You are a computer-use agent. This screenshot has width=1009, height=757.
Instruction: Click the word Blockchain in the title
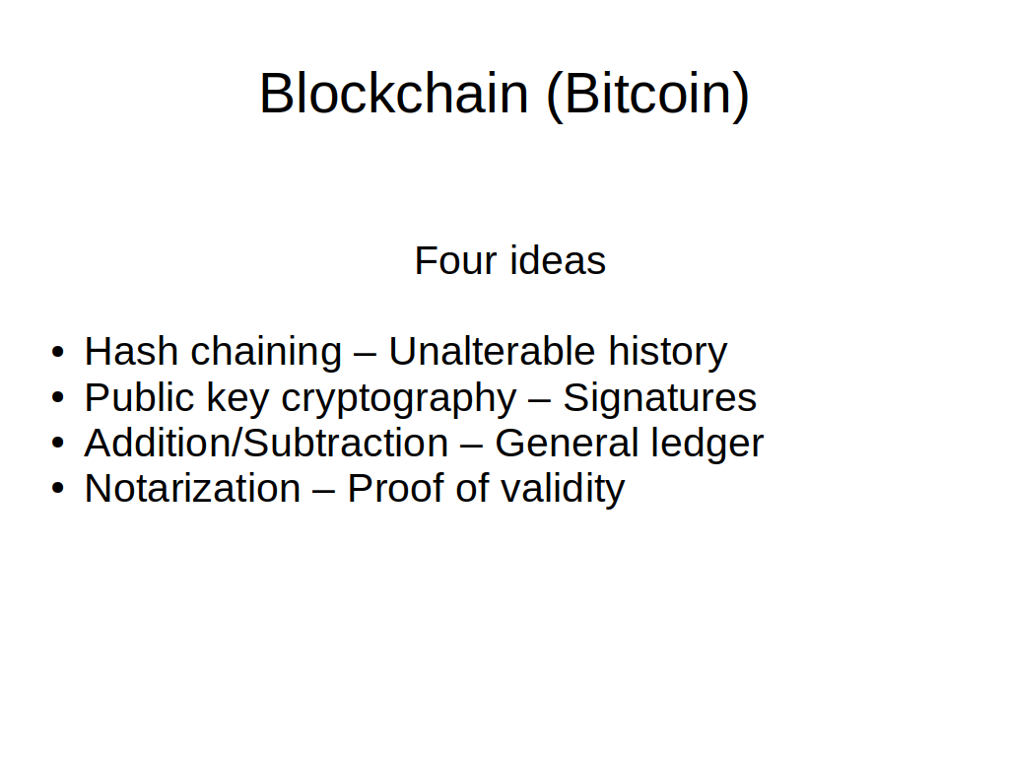tap(394, 94)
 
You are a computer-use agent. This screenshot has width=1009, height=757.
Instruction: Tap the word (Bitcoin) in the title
tap(648, 95)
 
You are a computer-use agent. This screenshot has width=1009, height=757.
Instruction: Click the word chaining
tap(266, 354)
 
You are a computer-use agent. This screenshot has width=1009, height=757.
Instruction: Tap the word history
tap(668, 354)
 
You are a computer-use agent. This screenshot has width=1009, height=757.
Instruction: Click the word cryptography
tap(399, 399)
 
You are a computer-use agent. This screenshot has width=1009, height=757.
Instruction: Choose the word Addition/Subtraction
tap(266, 443)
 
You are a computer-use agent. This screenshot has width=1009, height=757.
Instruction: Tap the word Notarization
tap(192, 489)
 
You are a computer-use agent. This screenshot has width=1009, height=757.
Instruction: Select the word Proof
tap(395, 489)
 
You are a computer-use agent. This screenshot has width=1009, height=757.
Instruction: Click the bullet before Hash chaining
tap(58, 353)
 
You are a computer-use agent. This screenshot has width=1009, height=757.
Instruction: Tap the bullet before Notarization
tap(58, 489)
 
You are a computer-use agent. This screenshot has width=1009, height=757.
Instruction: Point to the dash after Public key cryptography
tap(540, 401)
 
